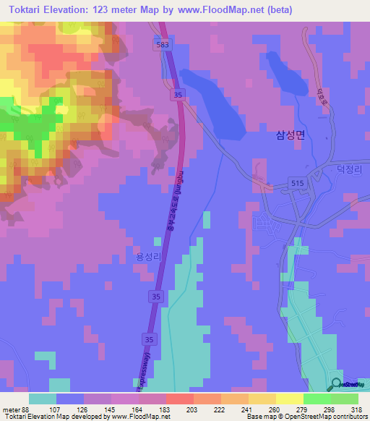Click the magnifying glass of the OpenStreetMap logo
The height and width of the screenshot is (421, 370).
point(336,384)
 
